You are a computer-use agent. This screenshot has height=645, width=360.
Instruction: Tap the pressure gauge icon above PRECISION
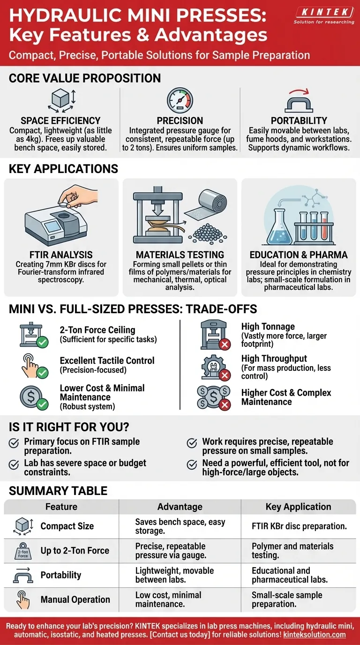point(180,100)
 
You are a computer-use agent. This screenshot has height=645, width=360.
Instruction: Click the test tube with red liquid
point(324,226)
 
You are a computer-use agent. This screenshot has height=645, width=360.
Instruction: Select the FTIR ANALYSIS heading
point(61,255)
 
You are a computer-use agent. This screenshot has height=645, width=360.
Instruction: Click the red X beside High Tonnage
point(225,344)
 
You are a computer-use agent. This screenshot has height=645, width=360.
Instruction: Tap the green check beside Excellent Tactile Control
point(43,373)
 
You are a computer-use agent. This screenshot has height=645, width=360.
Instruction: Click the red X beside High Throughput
point(225,375)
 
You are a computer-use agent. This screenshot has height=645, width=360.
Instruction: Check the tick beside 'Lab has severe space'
point(14,464)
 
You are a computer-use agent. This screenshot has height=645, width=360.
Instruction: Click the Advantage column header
point(180,507)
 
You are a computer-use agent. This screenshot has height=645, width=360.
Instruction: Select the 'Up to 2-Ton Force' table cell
point(75,550)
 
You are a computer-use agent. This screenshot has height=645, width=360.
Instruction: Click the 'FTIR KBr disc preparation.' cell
point(299,526)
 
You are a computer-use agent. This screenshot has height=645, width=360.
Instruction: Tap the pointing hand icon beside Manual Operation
point(23,599)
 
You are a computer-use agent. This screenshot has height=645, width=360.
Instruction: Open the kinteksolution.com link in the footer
point(315,635)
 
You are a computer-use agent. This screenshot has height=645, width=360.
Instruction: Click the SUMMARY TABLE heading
point(58,491)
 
